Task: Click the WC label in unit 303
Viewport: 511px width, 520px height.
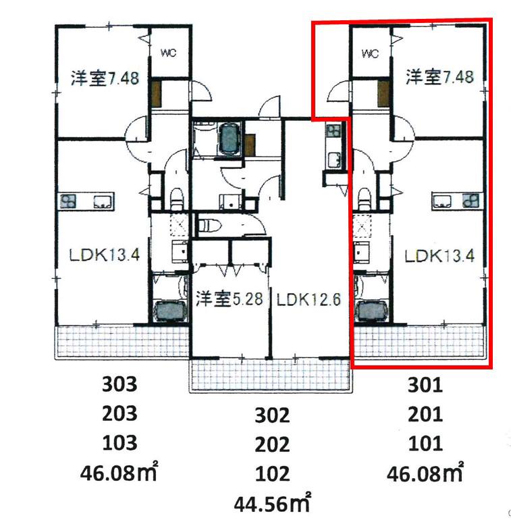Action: (168, 53)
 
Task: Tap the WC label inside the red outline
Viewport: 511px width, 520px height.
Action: (370, 53)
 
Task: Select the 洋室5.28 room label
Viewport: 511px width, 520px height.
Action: (230, 298)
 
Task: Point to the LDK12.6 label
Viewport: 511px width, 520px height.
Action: (308, 299)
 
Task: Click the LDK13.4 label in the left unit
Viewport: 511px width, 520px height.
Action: (105, 255)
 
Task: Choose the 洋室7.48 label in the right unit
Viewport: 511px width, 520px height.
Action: (439, 77)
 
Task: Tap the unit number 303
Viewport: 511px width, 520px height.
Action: (119, 385)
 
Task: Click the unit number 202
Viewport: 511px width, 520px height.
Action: (272, 445)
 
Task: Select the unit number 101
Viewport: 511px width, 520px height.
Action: (425, 444)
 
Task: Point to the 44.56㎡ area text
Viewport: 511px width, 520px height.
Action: (273, 503)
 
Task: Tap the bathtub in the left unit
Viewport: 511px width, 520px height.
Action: (169, 311)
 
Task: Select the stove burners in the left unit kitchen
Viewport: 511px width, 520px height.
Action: (68, 201)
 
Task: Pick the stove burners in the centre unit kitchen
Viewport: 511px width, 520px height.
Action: (333, 130)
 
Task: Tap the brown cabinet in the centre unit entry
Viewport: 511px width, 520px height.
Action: (250, 145)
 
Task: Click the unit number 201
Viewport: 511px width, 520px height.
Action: (425, 414)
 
